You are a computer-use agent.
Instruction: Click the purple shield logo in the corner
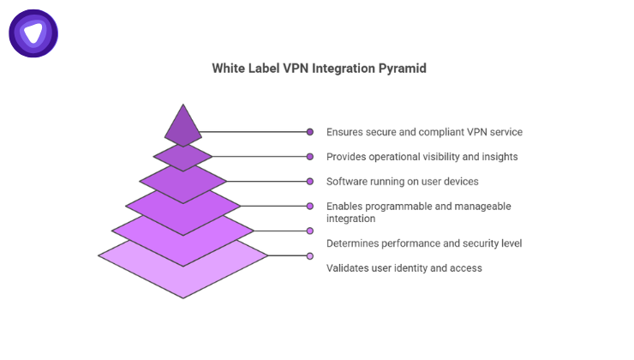(33, 33)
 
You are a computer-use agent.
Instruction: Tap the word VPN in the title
(298, 69)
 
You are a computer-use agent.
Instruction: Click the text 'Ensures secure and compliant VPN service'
(424, 132)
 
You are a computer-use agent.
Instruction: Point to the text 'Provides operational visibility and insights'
(422, 157)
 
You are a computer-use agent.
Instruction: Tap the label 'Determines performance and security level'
(424, 243)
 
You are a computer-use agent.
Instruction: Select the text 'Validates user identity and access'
(404, 268)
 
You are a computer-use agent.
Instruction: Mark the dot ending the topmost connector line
(310, 132)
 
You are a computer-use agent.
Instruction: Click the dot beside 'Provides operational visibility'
(310, 157)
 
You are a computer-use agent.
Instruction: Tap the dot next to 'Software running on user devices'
(310, 182)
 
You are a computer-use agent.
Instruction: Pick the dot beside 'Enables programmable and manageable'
(310, 207)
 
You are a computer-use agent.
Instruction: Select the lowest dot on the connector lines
(310, 255)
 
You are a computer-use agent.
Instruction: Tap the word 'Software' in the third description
(348, 182)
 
